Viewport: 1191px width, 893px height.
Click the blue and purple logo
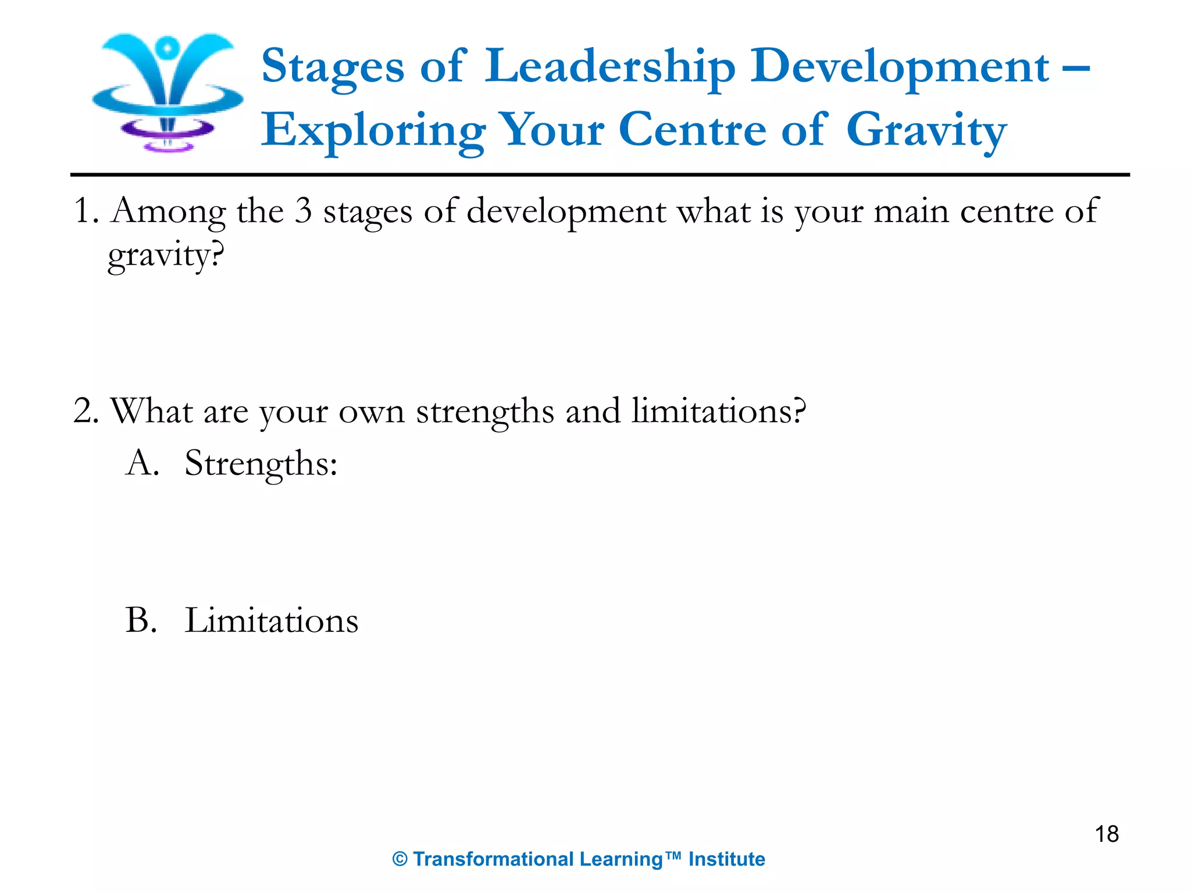tap(167, 92)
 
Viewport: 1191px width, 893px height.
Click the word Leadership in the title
tap(610, 67)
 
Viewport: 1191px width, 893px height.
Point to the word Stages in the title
tap(333, 67)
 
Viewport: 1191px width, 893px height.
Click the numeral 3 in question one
tap(303, 210)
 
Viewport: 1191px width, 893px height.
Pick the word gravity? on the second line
tap(166, 255)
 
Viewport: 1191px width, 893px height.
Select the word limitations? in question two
tap(719, 411)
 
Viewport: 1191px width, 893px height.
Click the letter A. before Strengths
tap(142, 463)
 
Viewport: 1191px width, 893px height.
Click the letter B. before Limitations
tap(141, 620)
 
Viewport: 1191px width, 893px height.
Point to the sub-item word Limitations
tap(272, 620)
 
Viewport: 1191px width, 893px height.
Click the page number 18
tap(1107, 834)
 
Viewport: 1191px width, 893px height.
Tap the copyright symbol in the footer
tap(400, 859)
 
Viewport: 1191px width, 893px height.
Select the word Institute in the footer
tap(726, 859)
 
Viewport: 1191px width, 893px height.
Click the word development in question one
tap(566, 212)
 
